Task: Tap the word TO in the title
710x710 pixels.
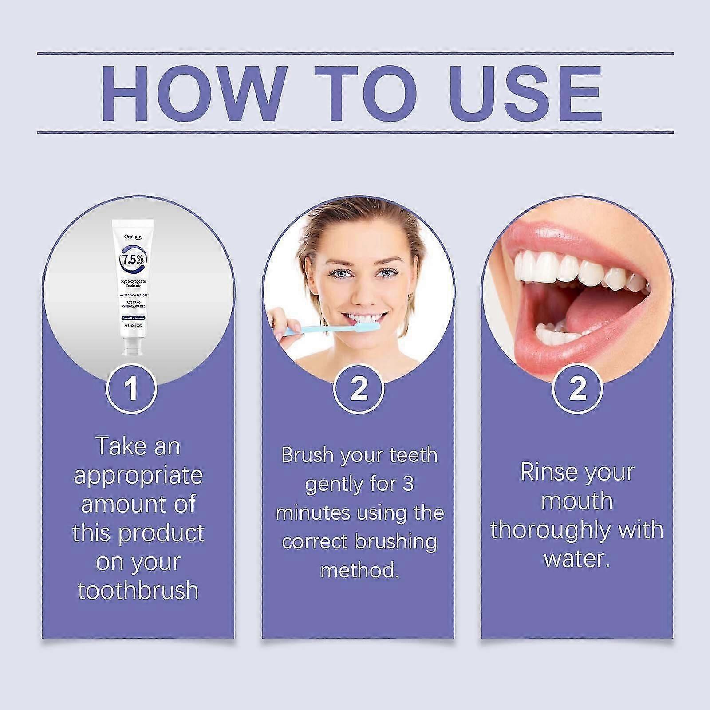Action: pos(366,94)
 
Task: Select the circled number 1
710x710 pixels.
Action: pos(131,388)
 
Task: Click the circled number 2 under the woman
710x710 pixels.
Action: pos(359,388)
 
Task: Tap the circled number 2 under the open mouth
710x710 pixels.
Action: pos(577,388)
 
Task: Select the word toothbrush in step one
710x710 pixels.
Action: pos(138,591)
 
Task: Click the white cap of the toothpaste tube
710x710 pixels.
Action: pos(132,346)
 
